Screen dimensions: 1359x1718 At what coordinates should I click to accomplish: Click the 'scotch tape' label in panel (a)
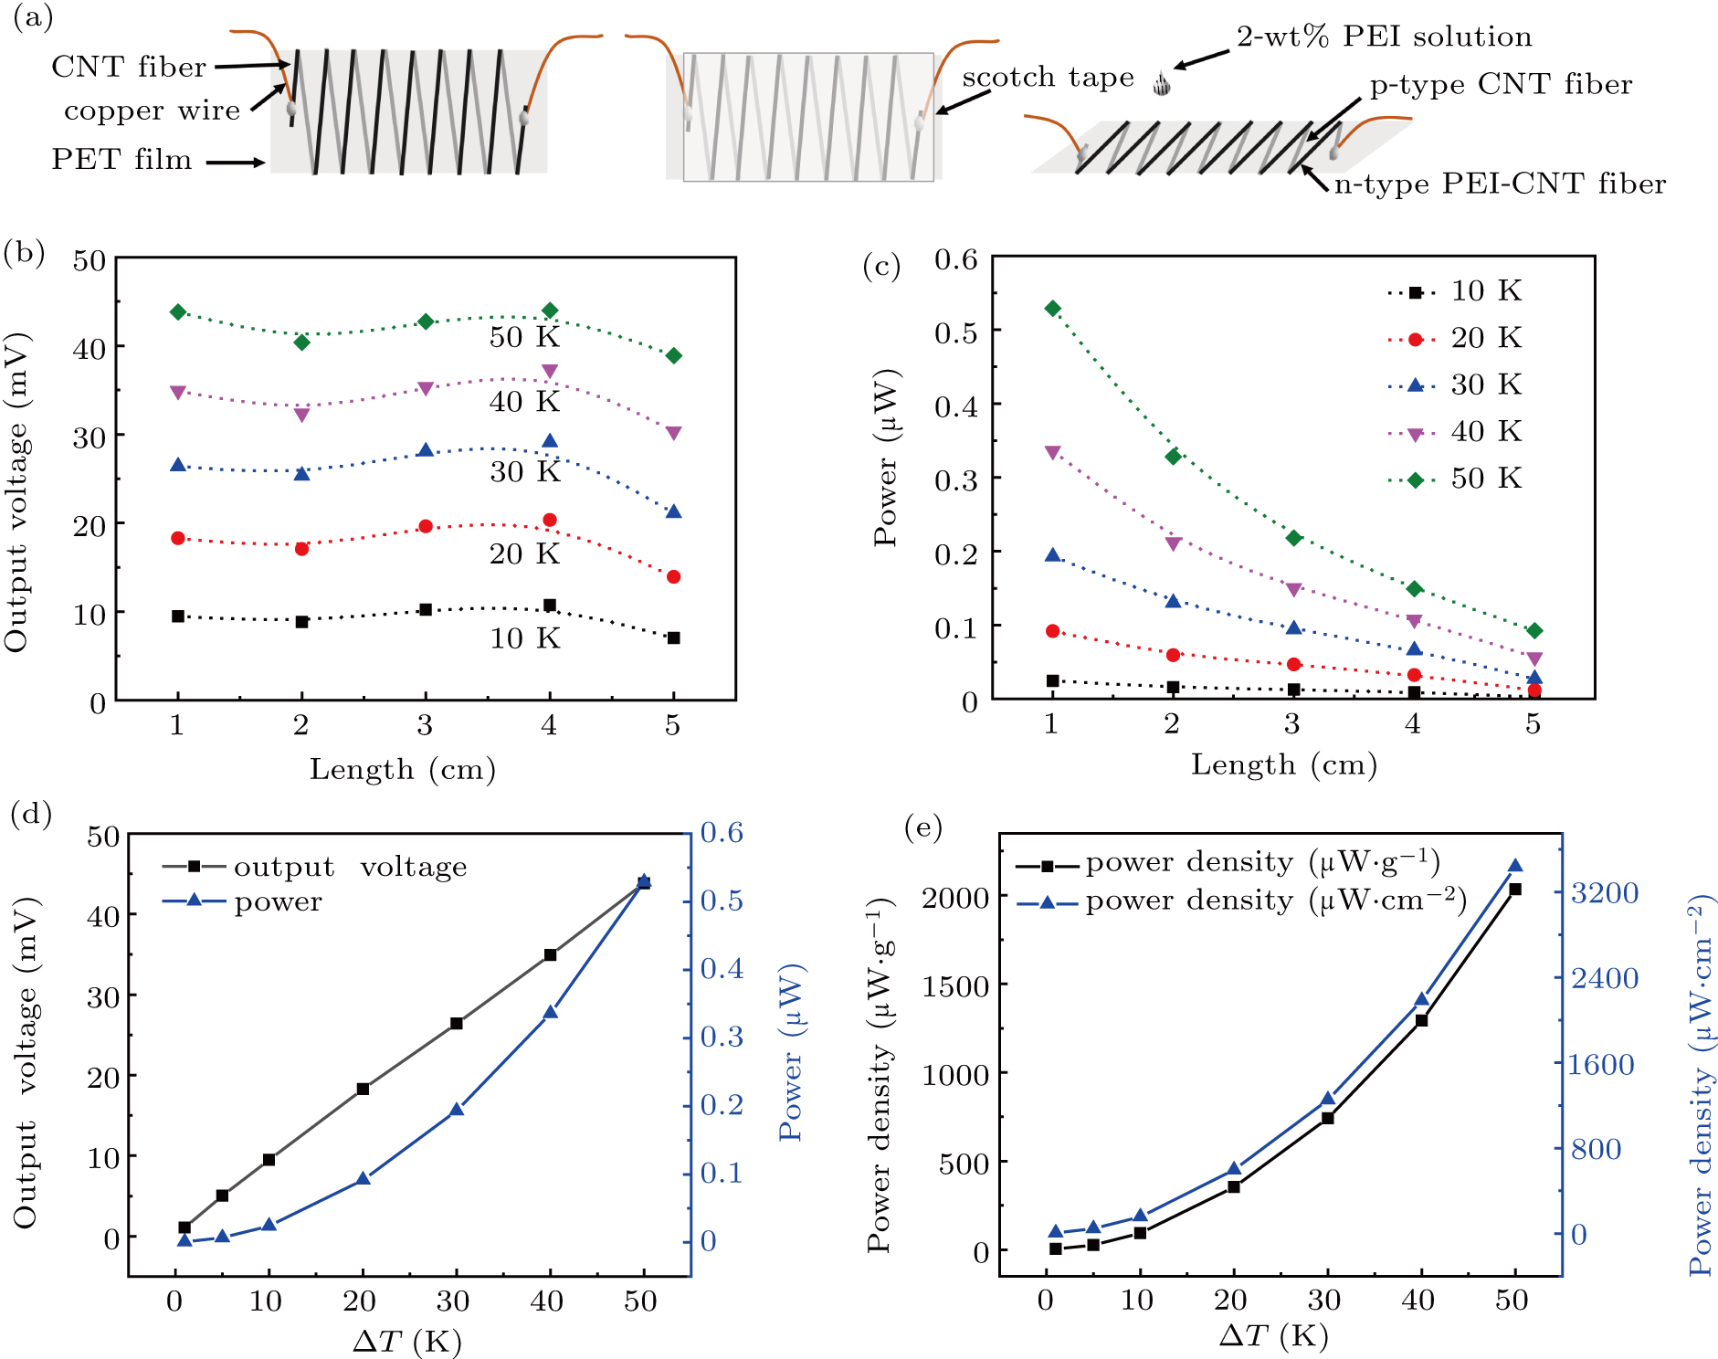pyautogui.click(x=1048, y=78)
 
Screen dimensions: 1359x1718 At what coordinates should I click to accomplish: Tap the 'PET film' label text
pyautogui.click(x=121, y=160)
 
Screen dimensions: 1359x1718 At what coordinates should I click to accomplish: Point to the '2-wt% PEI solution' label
pyautogui.click(x=1384, y=37)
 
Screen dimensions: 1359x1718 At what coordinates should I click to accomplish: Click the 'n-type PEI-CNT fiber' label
pyautogui.click(x=1500, y=184)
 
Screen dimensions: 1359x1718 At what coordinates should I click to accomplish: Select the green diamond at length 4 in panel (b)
pyautogui.click(x=550, y=311)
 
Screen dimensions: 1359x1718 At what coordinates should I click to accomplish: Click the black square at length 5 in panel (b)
pyautogui.click(x=674, y=638)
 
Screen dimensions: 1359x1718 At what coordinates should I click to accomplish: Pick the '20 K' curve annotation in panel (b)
pyautogui.click(x=524, y=554)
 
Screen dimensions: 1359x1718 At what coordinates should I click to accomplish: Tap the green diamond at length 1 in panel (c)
pyautogui.click(x=1053, y=309)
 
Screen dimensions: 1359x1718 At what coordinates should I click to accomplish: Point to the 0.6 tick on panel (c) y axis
pyautogui.click(x=955, y=259)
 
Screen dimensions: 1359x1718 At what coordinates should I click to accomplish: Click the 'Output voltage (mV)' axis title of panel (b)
pyautogui.click(x=16, y=493)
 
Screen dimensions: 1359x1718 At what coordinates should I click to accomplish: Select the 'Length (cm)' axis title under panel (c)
pyautogui.click(x=1283, y=765)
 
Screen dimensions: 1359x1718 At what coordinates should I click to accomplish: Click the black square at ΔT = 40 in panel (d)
pyautogui.click(x=551, y=954)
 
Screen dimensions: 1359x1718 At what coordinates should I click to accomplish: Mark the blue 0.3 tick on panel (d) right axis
pyautogui.click(x=722, y=1038)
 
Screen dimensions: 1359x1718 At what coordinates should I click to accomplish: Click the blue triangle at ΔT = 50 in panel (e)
pyautogui.click(x=1515, y=867)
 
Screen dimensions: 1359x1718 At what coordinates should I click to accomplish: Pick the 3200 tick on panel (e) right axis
pyautogui.click(x=1604, y=893)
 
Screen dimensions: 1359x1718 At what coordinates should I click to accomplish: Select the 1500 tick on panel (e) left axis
pyautogui.click(x=955, y=986)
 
